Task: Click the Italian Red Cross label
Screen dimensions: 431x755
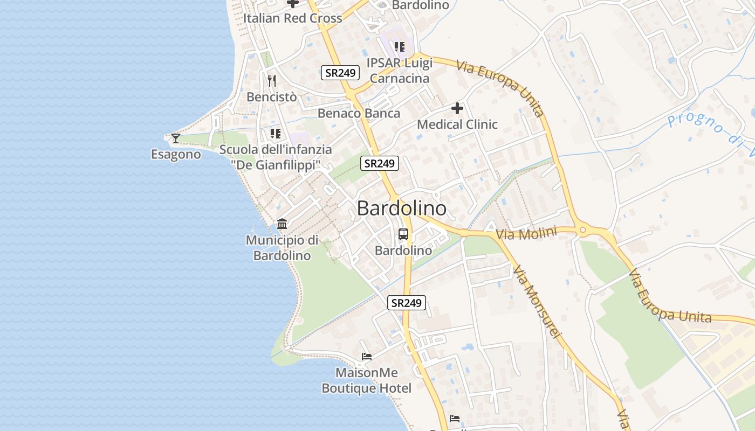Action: pyautogui.click(x=292, y=18)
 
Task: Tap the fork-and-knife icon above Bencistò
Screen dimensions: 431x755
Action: pyautogui.click(x=272, y=81)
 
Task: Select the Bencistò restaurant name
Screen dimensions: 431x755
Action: pyautogui.click(x=272, y=97)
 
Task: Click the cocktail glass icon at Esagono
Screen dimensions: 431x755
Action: pyautogui.click(x=176, y=138)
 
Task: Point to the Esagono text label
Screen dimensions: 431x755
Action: pyautogui.click(x=176, y=155)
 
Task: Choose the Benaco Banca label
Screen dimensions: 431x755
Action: pyautogui.click(x=359, y=113)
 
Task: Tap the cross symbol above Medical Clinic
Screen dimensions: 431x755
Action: pyautogui.click(x=457, y=109)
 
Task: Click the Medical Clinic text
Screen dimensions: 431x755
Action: pyautogui.click(x=457, y=124)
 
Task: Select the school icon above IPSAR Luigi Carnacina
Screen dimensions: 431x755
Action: pyautogui.click(x=399, y=47)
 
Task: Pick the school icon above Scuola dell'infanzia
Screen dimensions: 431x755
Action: pyautogui.click(x=276, y=133)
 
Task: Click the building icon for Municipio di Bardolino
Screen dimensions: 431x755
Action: pyautogui.click(x=282, y=224)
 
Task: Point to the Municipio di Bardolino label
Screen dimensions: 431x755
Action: pyautogui.click(x=282, y=248)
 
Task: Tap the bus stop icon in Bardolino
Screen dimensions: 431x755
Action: pyautogui.click(x=403, y=234)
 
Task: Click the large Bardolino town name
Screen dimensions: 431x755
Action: pyautogui.click(x=402, y=208)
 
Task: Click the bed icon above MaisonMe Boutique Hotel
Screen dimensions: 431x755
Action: pyautogui.click(x=367, y=357)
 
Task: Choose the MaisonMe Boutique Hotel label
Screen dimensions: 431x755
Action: pyautogui.click(x=367, y=380)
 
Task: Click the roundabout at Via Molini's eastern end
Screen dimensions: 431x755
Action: pyautogui.click(x=582, y=231)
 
